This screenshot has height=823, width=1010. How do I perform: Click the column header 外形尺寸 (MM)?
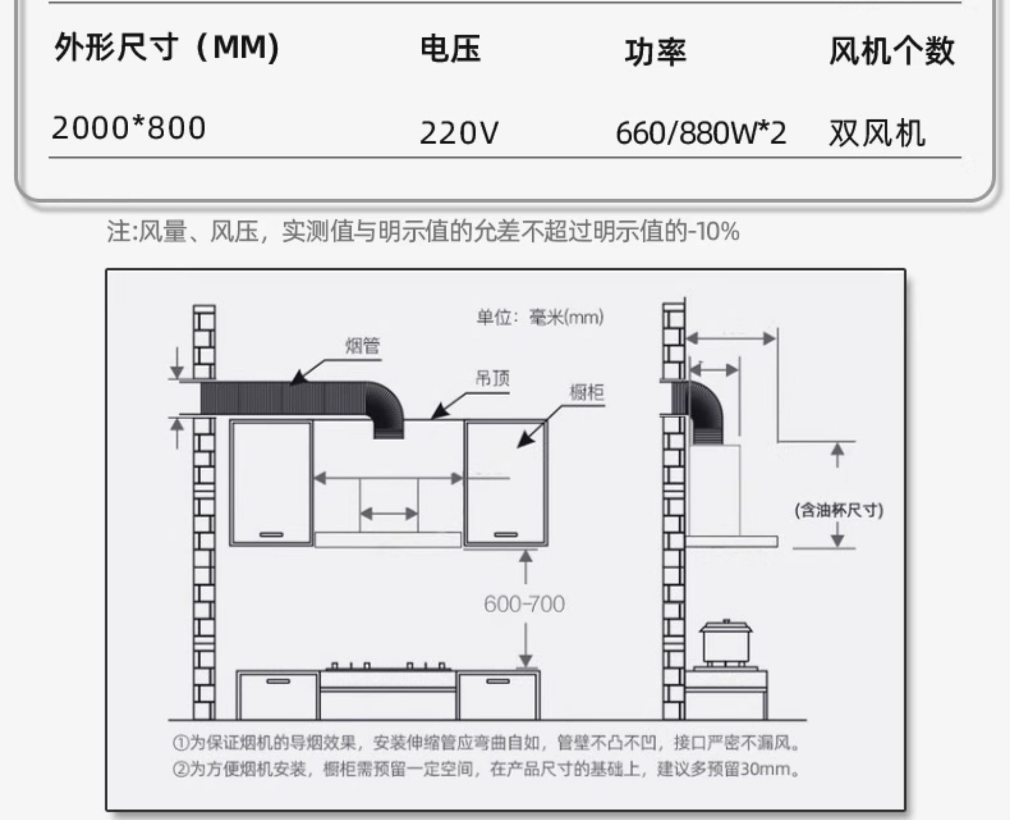[167, 48]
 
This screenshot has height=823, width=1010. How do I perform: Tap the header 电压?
[451, 49]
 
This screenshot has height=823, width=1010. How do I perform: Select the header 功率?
[655, 52]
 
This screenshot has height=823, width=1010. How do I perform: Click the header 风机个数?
[891, 50]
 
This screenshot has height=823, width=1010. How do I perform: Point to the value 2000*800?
[128, 128]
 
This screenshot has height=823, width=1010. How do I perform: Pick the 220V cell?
[459, 133]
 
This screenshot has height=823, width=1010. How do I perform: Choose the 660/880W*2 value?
[700, 133]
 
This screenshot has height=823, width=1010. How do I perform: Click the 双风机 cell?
[877, 133]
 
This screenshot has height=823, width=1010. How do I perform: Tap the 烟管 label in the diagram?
[362, 345]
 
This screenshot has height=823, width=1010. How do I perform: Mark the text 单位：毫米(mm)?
[540, 317]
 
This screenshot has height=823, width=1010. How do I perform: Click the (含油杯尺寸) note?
[839, 511]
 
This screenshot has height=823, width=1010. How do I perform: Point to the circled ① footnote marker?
[180, 743]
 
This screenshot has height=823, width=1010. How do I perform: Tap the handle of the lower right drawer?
[498, 682]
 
